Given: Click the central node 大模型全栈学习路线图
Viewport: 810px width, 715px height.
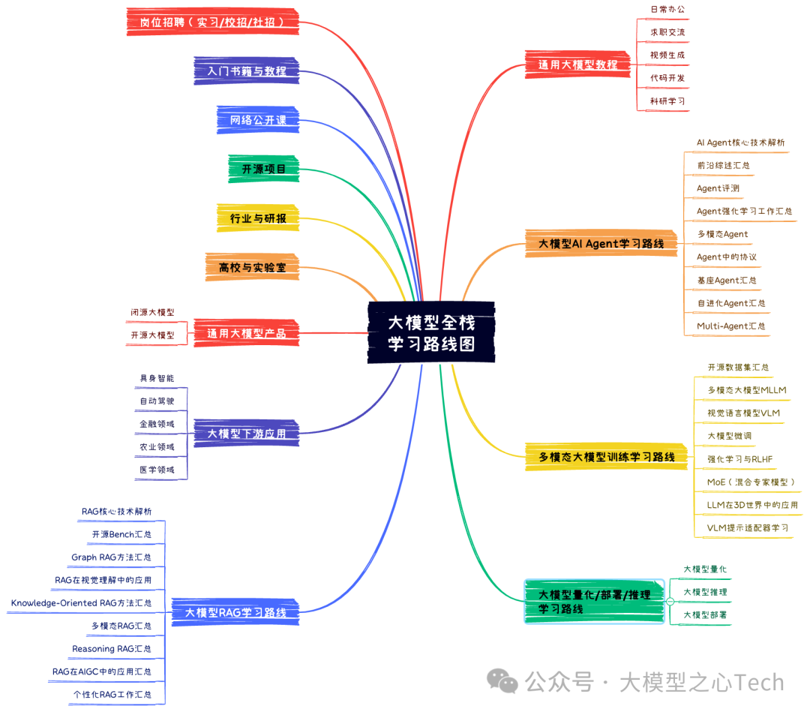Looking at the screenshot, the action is [431, 333].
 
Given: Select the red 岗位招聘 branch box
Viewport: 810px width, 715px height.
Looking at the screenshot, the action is [212, 22].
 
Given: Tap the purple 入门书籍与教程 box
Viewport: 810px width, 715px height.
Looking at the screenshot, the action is [246, 71].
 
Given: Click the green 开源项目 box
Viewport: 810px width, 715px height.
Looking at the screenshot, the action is [263, 170].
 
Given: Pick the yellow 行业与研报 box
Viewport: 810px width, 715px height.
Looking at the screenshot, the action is [257, 218].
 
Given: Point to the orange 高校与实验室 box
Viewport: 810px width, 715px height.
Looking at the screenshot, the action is [251, 267].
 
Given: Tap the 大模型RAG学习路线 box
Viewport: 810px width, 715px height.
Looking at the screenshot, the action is [235, 612].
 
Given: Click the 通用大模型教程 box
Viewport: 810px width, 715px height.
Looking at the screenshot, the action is [577, 65].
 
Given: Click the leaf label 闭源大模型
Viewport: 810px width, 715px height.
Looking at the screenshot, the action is [151, 312].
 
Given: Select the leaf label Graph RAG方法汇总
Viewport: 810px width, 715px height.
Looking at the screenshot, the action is [111, 557].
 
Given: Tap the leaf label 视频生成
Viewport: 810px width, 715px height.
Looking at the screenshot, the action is [667, 56].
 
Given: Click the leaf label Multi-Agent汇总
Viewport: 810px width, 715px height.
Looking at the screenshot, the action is [730, 326].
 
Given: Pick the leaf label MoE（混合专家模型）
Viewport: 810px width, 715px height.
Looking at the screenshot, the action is [750, 482].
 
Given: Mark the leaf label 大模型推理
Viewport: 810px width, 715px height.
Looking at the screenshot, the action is [704, 592].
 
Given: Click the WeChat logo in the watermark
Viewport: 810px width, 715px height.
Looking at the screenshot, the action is [502, 682].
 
